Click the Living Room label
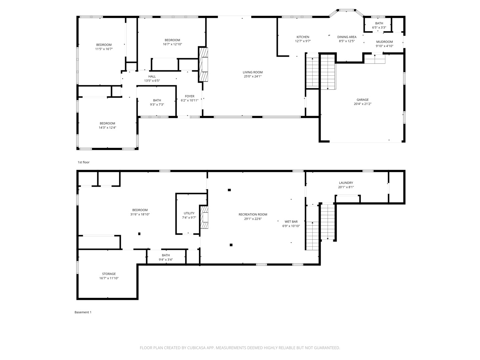253,72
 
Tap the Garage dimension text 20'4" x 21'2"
363,104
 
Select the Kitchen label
303,37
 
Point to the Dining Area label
347,37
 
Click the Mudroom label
384,42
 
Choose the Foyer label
189,96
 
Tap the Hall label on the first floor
152,77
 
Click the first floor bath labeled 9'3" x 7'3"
157,100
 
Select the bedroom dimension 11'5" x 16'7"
104,49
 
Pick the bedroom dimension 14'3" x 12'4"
107,128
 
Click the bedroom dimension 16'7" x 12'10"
172,44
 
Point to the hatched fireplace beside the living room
203,65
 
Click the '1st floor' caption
84,162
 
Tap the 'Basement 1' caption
83,312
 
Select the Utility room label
189,213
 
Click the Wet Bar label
291,222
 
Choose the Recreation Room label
253,215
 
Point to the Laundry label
346,183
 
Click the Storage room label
109,274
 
